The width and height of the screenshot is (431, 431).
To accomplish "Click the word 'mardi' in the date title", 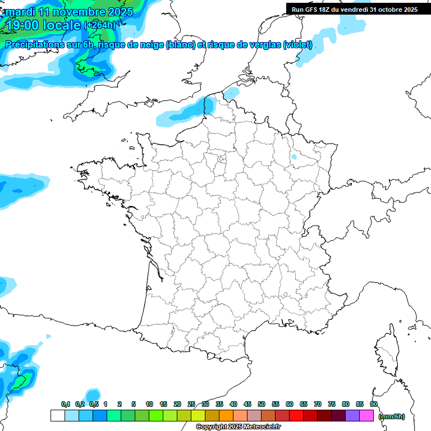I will tap(19, 11).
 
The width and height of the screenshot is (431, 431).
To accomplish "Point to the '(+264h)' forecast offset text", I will tap(99, 25).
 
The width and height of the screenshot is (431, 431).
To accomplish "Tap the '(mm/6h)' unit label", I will tap(391, 416).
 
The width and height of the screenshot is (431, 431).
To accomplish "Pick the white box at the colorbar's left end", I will tap(57, 415).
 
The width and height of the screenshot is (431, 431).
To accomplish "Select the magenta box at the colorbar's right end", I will tap(366, 415).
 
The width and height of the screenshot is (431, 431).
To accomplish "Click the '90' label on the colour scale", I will tap(373, 404).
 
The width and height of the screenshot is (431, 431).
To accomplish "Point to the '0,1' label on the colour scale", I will tap(65, 404).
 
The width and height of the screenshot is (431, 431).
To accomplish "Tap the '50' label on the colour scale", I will tap(262, 404).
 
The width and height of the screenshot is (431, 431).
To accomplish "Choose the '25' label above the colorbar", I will tap(191, 404).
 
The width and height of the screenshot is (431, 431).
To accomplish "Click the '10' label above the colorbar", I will tap(149, 404).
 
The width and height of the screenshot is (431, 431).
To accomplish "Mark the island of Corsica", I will tap(387, 351).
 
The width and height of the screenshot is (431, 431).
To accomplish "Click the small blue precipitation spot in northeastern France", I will tap(294, 157).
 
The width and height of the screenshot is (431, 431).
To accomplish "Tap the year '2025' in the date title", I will tap(120, 11).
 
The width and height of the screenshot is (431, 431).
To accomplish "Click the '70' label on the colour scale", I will tap(318, 404).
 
